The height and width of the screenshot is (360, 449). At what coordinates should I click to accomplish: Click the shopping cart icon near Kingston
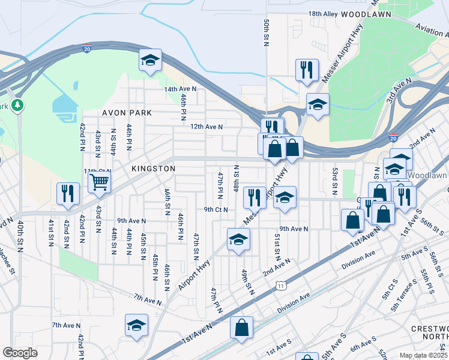99,181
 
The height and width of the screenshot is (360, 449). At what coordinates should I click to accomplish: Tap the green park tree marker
19,106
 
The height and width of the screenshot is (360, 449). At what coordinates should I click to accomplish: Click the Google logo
20,353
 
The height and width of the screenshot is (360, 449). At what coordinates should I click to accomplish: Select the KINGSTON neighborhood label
155,169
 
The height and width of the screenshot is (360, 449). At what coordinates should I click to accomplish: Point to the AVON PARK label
127,113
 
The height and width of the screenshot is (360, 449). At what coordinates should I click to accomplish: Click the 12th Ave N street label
206,127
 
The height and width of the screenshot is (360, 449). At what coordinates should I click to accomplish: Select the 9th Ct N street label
215,209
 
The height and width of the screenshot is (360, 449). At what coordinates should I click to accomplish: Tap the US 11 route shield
280,287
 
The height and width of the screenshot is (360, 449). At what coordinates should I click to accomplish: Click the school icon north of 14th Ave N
150,60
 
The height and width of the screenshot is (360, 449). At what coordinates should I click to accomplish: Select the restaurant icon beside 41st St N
67,193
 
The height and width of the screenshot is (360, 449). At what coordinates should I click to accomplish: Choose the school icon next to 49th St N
238,239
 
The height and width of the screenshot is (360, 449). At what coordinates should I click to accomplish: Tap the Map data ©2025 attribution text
423,355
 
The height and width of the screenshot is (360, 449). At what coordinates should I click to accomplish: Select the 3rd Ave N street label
399,89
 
